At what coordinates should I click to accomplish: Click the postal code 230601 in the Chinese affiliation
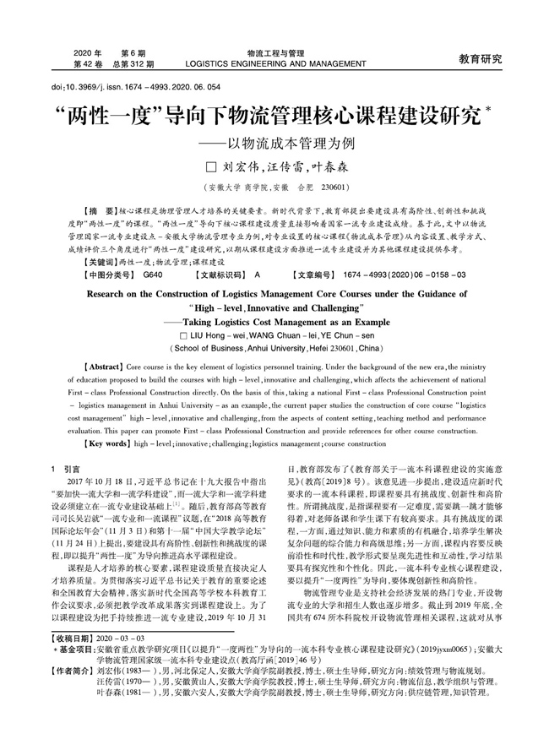[334, 187]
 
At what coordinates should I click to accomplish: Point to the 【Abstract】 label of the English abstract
[103, 368]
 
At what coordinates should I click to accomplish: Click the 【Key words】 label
[106, 443]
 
